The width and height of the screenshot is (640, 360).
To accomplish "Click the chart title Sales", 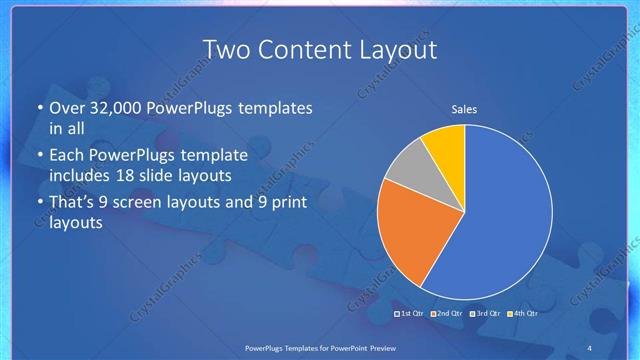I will pos(464,109).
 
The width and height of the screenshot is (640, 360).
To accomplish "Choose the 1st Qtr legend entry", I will pos(411,313).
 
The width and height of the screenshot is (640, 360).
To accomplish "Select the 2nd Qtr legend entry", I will pos(448,313).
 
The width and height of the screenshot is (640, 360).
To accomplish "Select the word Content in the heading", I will pos(306,49).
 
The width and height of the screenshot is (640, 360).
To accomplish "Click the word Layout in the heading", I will pos(397,49).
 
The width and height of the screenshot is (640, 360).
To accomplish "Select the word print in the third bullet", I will pos(288,203).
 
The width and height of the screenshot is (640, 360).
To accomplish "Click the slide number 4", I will pos(589,346).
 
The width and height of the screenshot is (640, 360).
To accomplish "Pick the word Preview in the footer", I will pos(394,346).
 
